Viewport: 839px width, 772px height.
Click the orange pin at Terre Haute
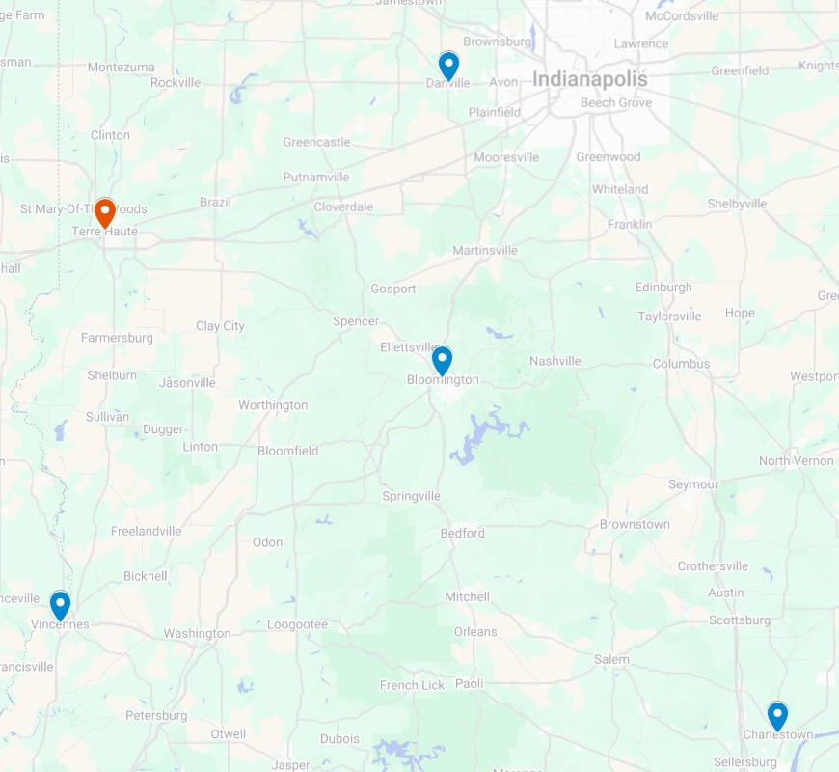(104, 211)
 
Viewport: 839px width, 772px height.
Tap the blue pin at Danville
(448, 65)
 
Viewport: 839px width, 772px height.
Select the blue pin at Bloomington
(442, 360)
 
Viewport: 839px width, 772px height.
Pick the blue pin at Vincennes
(60, 605)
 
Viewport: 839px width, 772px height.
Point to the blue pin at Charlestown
(777, 715)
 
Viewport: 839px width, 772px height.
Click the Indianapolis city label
(589, 79)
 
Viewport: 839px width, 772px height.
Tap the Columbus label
(681, 364)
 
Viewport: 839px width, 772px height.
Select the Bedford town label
(462, 533)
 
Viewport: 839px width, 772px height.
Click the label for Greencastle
(316, 142)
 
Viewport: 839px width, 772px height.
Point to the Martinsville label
(485, 250)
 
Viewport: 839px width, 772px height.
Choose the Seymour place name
(693, 483)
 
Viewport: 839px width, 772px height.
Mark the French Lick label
(412, 685)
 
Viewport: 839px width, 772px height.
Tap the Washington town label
(197, 633)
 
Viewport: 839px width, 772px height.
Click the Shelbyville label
(737, 204)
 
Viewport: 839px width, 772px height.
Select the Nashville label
(555, 361)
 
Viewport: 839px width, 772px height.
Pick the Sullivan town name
(107, 417)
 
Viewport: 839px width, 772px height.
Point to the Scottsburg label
(740, 620)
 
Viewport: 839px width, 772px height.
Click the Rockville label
(176, 82)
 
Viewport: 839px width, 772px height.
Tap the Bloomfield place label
(287, 451)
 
